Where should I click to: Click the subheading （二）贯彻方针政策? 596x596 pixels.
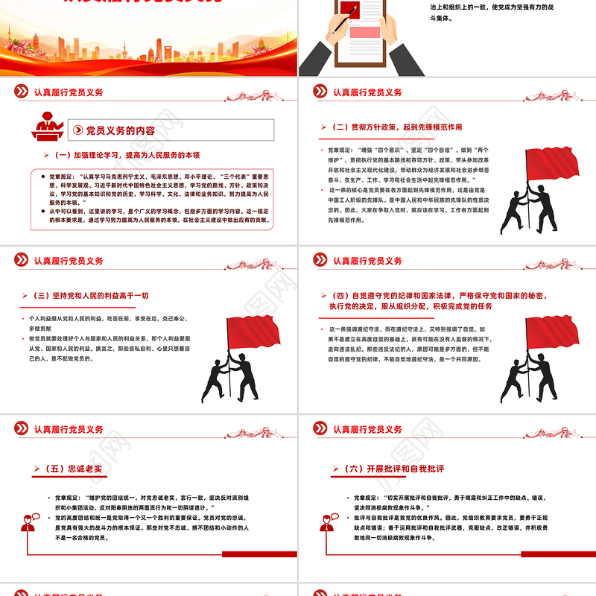point(396,127)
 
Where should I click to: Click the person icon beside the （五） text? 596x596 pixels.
point(29,521)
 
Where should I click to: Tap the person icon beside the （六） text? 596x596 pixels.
point(326,521)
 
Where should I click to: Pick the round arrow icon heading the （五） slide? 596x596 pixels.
point(21,430)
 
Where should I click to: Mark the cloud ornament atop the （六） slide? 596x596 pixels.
point(554,430)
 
